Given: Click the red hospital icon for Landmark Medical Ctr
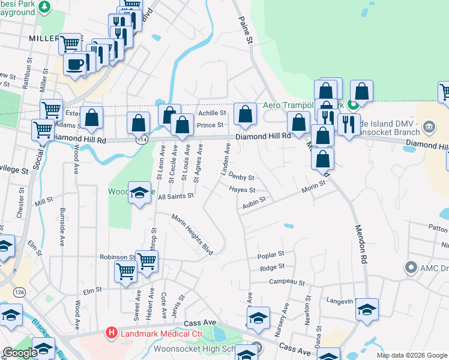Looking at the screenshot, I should click(x=111, y=332).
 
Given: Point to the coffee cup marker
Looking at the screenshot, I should click(x=75, y=64).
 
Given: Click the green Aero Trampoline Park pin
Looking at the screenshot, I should click(x=354, y=104).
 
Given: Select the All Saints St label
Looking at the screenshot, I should click(x=176, y=196).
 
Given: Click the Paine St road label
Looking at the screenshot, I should click(x=246, y=29).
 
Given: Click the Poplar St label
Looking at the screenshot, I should click(x=270, y=255).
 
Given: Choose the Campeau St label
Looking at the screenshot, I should click(x=287, y=281).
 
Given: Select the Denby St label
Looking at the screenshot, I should click(x=242, y=178).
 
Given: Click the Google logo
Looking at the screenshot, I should click(x=20, y=353).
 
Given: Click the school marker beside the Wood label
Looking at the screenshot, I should click(x=139, y=194).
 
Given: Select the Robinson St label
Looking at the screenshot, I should click(x=117, y=257).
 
